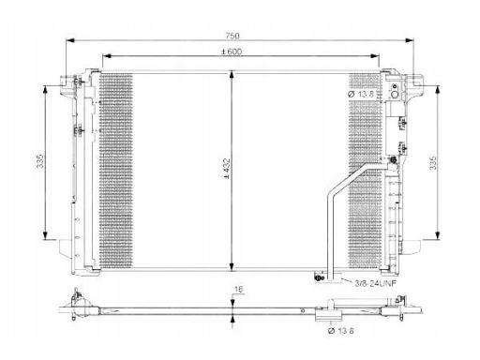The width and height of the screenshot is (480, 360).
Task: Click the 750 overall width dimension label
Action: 232,36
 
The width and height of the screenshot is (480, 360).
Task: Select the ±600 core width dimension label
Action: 232,52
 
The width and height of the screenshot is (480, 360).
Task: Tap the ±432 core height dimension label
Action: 227,169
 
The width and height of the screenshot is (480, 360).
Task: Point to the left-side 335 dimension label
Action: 40,161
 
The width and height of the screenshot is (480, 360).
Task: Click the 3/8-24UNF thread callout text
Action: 375,283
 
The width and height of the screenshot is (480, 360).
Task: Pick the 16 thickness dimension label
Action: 238,290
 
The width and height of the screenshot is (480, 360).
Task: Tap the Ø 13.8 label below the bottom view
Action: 341,330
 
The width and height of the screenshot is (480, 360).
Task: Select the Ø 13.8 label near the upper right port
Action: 361,94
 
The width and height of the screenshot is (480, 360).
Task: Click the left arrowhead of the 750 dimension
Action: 70,40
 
